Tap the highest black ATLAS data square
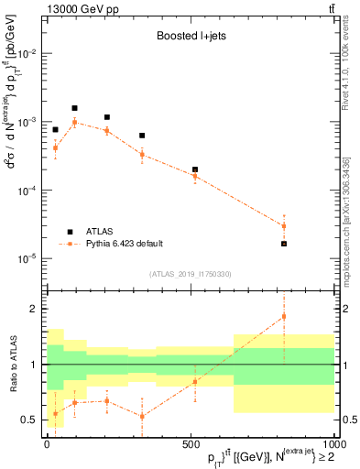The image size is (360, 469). coord(75,108)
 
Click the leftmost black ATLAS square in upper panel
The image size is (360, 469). coord(55,130)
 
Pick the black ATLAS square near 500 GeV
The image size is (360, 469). coord(195,169)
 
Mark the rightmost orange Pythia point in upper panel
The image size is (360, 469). coord(284,226)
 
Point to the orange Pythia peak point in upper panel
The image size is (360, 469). coord(75,122)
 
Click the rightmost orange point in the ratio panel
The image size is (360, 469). coord(284,317)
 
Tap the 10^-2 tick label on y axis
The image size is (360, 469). coord(27,54)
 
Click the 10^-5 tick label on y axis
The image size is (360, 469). coord(27,259)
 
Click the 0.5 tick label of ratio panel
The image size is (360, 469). coord(29,420)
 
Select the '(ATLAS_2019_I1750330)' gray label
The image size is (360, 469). coord(190,274)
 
